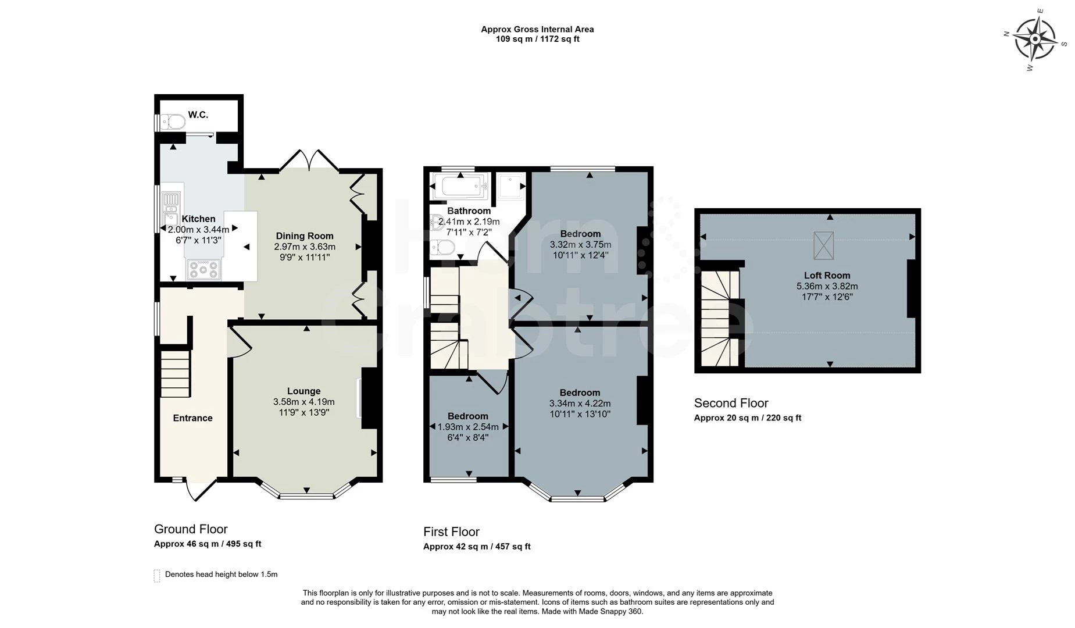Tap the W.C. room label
click(198, 115)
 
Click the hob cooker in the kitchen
click(203, 269)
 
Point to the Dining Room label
click(304, 235)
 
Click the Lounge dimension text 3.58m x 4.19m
click(303, 402)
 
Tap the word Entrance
click(192, 418)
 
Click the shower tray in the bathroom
click(511, 186)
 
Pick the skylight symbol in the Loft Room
click(823, 245)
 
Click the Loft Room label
click(827, 275)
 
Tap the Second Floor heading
click(731, 403)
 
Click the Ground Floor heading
click(191, 529)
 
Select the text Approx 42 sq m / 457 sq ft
click(476, 546)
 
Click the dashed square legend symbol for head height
click(156, 575)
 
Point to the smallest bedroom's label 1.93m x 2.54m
click(467, 426)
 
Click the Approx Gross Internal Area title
click(537, 29)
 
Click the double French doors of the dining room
click(309, 160)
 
